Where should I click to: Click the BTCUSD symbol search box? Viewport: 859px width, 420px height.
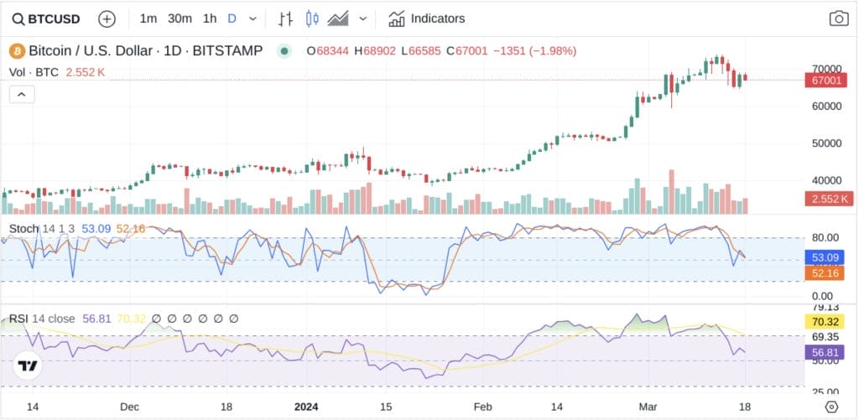click(x=49, y=18)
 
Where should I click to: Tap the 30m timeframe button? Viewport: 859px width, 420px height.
click(x=180, y=18)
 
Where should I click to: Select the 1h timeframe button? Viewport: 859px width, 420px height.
click(x=210, y=18)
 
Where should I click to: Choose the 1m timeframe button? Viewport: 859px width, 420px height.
click(x=148, y=18)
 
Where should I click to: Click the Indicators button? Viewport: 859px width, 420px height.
click(x=426, y=18)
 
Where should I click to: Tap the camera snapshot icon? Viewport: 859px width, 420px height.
click(x=838, y=18)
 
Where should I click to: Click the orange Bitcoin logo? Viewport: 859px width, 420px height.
click(x=17, y=51)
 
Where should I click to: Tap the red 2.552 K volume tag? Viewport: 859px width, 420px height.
click(x=828, y=199)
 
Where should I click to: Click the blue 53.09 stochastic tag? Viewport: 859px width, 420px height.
click(x=828, y=257)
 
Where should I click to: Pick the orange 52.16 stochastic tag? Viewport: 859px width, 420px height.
click(x=828, y=272)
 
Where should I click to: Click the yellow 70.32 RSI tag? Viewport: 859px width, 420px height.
click(x=828, y=320)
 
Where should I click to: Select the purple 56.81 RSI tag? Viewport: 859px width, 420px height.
click(x=828, y=353)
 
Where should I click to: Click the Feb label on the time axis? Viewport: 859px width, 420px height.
click(x=481, y=406)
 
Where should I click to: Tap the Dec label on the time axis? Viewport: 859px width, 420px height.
click(x=129, y=406)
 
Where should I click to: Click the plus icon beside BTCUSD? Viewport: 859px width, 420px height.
click(x=107, y=18)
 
